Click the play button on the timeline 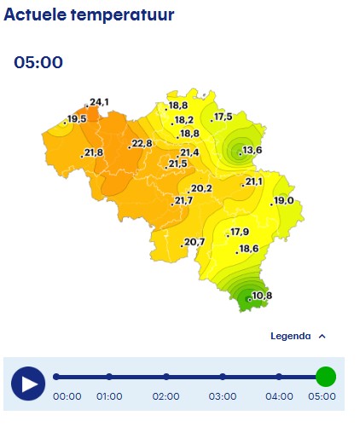coord(28,383)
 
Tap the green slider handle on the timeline coord(325,377)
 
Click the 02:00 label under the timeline coord(165,396)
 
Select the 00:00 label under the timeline coord(67,396)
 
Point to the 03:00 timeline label coord(223,396)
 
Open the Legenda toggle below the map coord(298,336)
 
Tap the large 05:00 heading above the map coord(38,63)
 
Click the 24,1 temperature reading coord(99,102)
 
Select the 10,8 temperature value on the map coord(262,296)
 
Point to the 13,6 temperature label coord(253,151)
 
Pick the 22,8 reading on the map coord(142,144)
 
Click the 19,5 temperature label coord(77,119)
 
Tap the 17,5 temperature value coord(224,117)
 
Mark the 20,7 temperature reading coord(195,243)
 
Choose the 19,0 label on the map coord(284,200)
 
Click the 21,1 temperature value coord(254,182)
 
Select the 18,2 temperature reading coord(184,120)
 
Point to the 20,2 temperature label coord(201,188)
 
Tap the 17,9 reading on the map coord(240,233)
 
